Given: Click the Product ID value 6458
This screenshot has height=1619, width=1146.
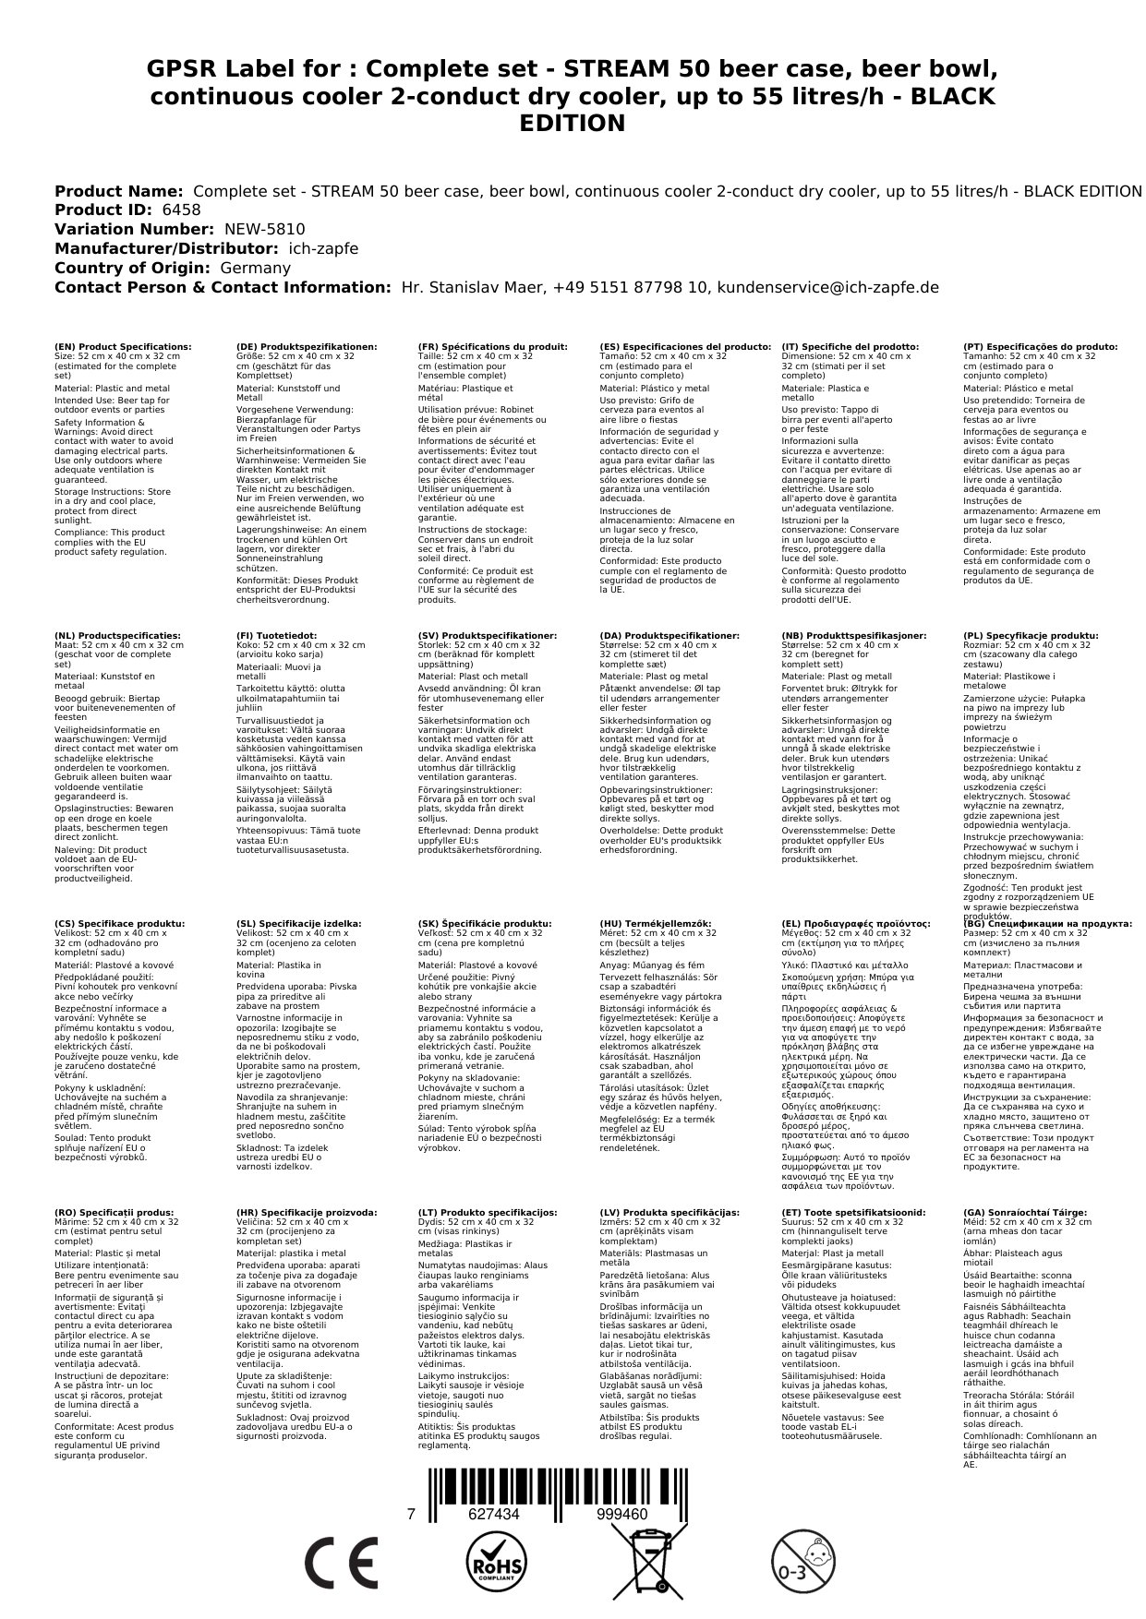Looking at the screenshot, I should (x=181, y=210).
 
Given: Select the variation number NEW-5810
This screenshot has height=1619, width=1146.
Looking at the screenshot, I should (x=264, y=230).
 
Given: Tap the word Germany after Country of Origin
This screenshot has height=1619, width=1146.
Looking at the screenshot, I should (x=255, y=268).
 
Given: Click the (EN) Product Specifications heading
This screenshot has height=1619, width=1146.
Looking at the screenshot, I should (x=123, y=347).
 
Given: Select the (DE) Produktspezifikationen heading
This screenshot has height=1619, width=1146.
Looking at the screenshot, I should (x=307, y=347).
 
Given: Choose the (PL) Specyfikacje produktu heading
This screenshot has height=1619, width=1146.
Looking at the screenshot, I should (x=1031, y=636).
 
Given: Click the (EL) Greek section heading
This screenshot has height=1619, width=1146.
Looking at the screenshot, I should (x=855, y=924).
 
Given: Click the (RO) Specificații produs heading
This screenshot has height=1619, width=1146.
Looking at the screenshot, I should (x=114, y=1213).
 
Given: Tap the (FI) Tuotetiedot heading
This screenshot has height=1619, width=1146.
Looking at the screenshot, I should (x=276, y=636).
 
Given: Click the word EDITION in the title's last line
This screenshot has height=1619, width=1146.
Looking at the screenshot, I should (x=573, y=124).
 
